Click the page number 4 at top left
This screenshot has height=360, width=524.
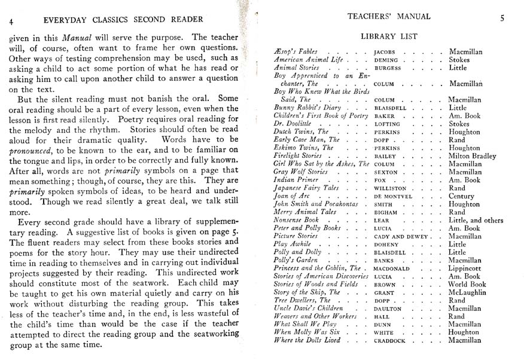(x=11, y=21)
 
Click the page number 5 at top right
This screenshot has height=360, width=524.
(x=502, y=18)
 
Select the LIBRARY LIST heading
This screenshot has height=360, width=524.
(x=389, y=36)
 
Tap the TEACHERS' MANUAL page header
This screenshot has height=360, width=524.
(x=389, y=17)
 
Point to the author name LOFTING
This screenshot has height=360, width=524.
(x=388, y=124)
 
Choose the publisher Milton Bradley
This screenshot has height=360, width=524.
(x=473, y=156)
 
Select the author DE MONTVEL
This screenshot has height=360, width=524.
(x=393, y=197)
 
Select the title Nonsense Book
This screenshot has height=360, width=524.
(x=296, y=220)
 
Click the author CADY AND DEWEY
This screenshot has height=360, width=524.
(x=402, y=237)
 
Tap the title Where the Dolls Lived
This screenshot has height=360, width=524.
(x=307, y=341)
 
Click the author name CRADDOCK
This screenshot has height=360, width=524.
(x=390, y=341)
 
